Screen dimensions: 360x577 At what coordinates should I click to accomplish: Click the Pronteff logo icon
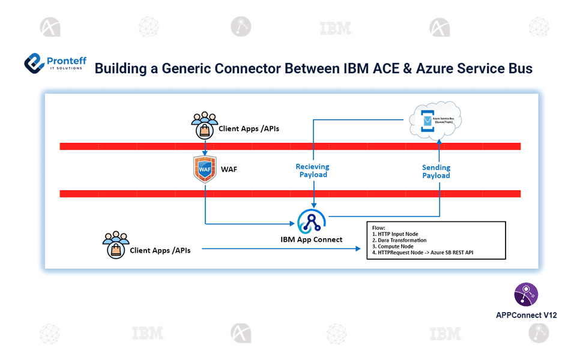(34, 63)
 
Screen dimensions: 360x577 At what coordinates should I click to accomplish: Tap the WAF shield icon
(205, 170)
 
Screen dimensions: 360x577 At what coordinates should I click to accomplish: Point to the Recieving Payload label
(313, 170)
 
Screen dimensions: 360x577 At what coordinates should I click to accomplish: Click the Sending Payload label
(436, 172)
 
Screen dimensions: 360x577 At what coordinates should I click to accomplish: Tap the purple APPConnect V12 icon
(526, 295)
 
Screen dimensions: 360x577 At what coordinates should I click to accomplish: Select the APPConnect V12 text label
(526, 314)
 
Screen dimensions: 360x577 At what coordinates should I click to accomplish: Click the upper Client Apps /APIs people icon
(205, 124)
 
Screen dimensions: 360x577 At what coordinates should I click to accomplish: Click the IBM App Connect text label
(312, 239)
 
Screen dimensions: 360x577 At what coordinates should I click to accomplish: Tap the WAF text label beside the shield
(229, 170)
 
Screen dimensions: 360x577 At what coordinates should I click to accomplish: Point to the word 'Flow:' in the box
(379, 228)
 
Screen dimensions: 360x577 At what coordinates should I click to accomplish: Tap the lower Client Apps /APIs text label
(160, 250)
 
